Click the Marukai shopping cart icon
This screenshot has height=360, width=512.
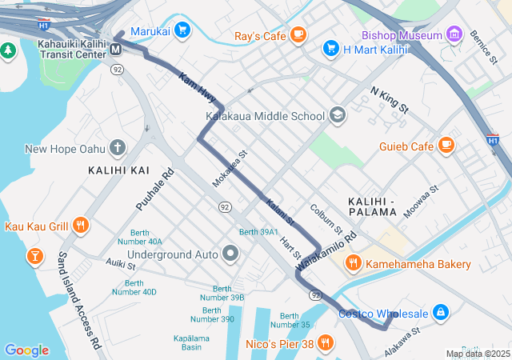(182, 30)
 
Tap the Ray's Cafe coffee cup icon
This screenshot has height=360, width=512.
(298, 34)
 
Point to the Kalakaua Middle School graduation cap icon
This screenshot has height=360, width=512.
(337, 116)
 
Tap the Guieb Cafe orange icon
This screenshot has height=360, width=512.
(446, 146)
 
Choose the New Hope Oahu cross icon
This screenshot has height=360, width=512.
(118, 147)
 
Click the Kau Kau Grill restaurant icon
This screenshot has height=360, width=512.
(80, 226)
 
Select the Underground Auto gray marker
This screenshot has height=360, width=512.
(231, 254)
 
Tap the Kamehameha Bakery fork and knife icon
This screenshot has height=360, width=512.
(353, 263)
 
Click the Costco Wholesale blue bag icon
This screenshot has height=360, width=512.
(440, 311)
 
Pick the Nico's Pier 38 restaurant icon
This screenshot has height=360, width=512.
(325, 344)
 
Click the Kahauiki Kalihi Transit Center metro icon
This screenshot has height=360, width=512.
(116, 50)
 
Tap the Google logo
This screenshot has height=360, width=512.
(26, 350)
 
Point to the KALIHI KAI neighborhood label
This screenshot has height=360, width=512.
(118, 170)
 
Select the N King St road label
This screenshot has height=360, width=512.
(390, 101)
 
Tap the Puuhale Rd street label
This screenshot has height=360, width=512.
(154, 190)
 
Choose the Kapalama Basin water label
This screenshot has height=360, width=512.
(190, 342)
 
